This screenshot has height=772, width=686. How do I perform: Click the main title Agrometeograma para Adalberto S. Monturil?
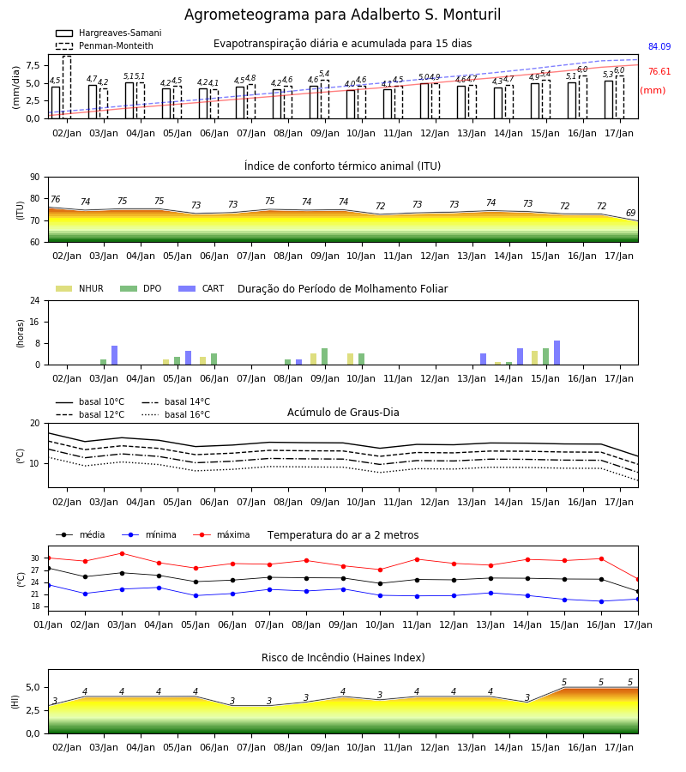point(342,15)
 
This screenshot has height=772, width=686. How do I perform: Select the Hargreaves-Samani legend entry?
point(108,33)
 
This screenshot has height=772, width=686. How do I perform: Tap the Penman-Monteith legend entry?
point(105,45)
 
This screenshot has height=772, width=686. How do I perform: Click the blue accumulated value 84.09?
point(659,47)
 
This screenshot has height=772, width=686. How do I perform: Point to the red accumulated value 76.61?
point(659,71)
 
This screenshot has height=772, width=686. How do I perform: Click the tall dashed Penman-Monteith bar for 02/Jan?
point(67,87)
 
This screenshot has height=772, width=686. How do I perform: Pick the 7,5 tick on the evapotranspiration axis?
point(33,65)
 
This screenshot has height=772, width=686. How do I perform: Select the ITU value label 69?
point(630,213)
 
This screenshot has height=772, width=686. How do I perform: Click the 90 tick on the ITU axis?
point(35,178)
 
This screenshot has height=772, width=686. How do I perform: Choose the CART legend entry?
point(201,288)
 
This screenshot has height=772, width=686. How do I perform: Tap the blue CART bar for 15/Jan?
point(557,353)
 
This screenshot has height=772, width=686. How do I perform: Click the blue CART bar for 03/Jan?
point(115,355)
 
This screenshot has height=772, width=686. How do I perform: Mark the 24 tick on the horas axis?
point(35,300)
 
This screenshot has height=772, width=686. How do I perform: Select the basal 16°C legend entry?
point(176,414)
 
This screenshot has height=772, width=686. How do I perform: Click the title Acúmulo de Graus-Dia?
point(343,412)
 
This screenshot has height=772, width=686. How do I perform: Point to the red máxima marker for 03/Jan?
point(122,553)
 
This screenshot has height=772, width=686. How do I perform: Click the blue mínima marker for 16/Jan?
point(601,601)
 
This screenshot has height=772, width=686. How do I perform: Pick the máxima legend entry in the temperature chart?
point(221,534)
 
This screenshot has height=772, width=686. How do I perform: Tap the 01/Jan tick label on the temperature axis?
point(48,624)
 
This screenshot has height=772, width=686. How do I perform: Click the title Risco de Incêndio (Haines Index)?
point(343,657)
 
